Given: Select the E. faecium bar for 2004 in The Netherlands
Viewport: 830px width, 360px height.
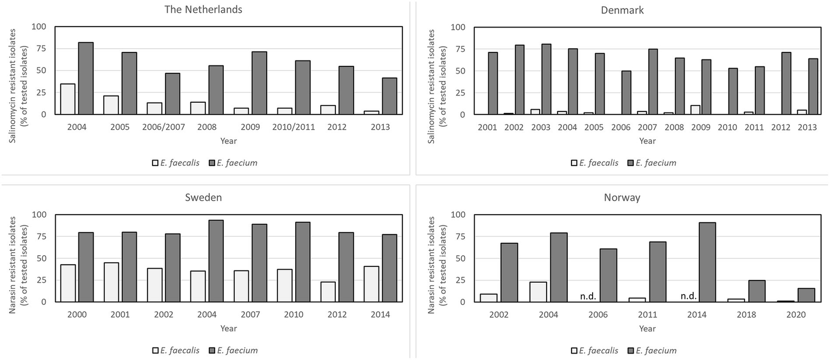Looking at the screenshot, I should [85, 78].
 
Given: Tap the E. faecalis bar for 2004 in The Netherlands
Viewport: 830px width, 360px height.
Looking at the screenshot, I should [68, 99].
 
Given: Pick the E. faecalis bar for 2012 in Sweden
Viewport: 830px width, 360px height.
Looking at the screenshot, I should [328, 292].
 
